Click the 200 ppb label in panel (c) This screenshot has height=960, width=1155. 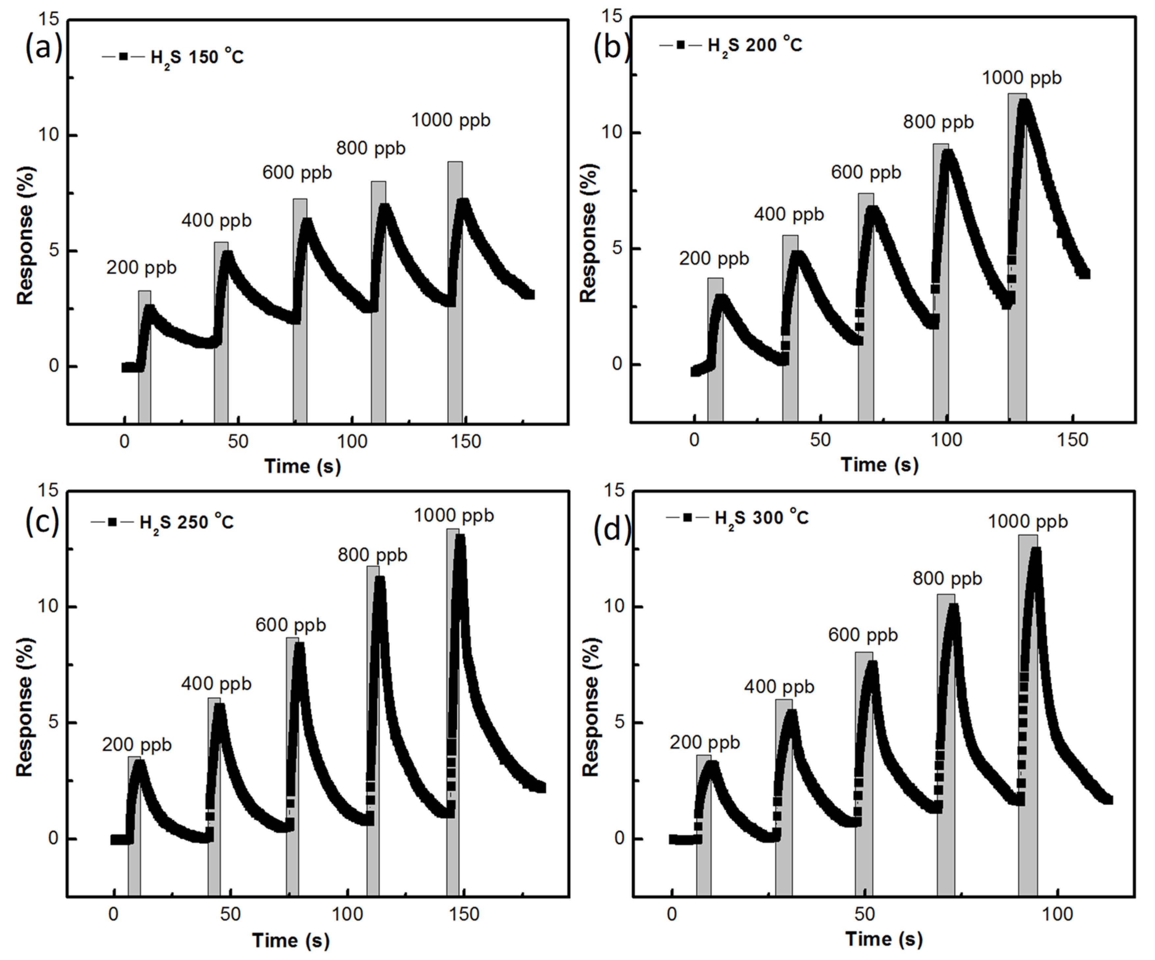pyautogui.click(x=137, y=745)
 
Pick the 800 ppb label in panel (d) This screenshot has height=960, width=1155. pyautogui.click(x=947, y=579)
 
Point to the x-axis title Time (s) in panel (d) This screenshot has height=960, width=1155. pyautogui.click(x=884, y=939)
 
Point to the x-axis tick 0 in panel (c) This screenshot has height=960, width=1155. pyautogui.click(x=113, y=914)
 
